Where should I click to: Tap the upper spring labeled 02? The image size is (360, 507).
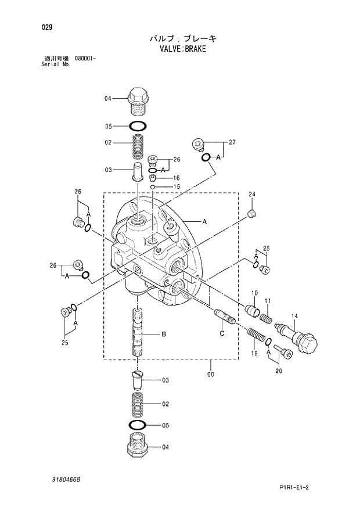[138, 146]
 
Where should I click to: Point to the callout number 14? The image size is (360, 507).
[294, 316]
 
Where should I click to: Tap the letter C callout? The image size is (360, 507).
[222, 333]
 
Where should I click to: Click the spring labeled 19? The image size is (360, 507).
[255, 335]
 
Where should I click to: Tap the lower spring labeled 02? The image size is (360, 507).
[138, 403]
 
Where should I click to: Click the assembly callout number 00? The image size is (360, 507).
[210, 375]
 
